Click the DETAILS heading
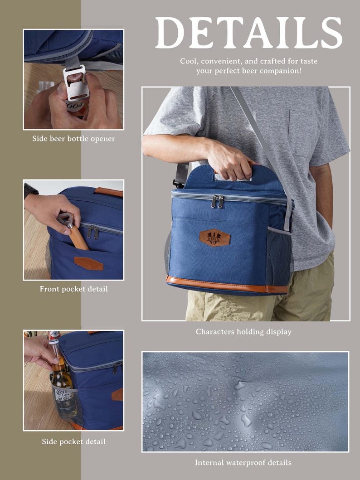(x=248, y=33)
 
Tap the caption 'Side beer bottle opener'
(x=74, y=139)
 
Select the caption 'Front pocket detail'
(x=74, y=289)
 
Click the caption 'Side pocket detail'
(x=74, y=441)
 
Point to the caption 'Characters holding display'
(x=243, y=332)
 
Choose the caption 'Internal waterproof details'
(x=243, y=463)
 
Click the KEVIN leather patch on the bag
(x=215, y=238)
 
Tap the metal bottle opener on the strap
(x=76, y=82)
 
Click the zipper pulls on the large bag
(x=217, y=201)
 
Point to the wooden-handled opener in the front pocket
(x=73, y=231)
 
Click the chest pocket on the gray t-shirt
(x=301, y=133)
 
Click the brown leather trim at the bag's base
(x=227, y=285)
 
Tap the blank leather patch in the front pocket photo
(x=89, y=264)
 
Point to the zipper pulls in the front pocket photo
(x=93, y=232)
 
